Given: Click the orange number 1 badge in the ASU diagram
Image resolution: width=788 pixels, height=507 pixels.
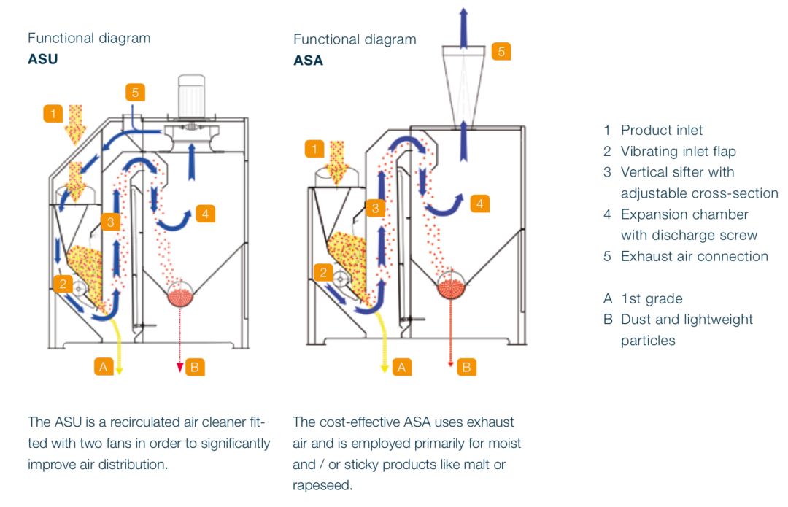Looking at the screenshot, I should (53, 114).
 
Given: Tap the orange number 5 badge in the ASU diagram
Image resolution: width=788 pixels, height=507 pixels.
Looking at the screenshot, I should (135, 93).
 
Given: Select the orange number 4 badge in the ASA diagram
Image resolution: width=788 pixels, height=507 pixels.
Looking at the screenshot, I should (479, 204).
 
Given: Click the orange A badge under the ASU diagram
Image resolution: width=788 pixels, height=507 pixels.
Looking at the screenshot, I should (103, 367).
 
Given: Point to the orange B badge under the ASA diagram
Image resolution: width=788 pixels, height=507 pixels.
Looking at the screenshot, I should (467, 367).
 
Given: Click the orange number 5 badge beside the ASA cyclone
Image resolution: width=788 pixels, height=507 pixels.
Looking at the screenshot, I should (501, 51).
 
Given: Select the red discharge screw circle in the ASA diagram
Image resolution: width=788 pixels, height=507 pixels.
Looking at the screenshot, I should (452, 284).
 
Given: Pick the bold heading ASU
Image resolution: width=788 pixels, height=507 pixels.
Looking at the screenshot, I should (42, 60).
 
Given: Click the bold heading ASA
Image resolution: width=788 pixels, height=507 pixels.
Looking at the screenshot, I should (308, 61).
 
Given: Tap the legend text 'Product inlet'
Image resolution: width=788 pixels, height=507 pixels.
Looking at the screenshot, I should (661, 131).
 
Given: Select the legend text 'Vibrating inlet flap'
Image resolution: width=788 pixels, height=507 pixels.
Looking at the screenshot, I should (678, 152).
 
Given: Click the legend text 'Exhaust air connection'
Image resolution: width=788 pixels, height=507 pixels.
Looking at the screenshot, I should (694, 257).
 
